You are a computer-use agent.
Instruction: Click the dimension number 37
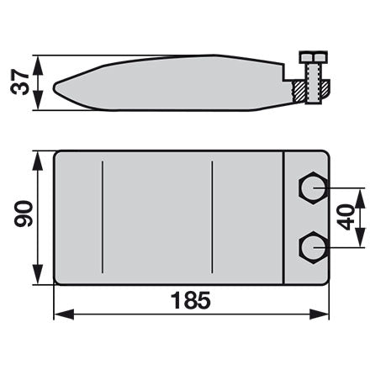(x=19, y=82)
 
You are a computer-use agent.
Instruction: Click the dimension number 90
(x=24, y=214)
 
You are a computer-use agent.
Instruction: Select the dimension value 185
(x=191, y=300)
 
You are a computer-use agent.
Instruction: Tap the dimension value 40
(x=346, y=217)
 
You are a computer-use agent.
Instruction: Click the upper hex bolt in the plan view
(x=314, y=188)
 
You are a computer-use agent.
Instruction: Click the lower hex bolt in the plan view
(x=314, y=248)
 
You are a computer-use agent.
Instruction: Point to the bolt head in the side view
(x=314, y=57)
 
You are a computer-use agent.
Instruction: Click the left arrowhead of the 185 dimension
(x=64, y=314)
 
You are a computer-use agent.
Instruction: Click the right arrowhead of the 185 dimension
(x=320, y=314)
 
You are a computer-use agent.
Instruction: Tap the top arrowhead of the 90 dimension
(x=38, y=161)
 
